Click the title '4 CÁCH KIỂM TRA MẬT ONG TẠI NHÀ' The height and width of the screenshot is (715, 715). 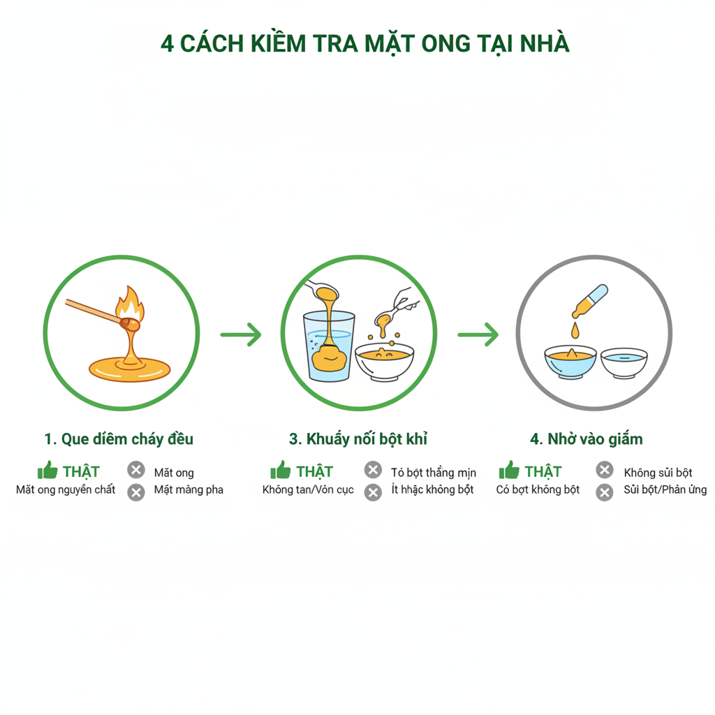pos(364,43)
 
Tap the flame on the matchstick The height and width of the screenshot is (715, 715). pos(131,306)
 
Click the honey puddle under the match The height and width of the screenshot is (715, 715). pos(128,367)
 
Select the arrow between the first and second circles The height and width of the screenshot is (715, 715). pos(241,334)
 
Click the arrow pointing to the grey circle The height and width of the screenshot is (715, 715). pos(478,334)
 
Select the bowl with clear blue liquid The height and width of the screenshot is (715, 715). pos(624,362)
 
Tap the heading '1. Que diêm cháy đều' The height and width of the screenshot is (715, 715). pos(119,439)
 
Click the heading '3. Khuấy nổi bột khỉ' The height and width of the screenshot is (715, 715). pos(358,439)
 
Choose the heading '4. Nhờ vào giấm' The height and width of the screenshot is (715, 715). pos(587,439)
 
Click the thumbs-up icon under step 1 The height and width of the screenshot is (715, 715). pos(47,470)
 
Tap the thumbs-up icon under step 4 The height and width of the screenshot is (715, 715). pos(509,470)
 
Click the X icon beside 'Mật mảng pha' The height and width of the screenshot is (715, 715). pos(136,492)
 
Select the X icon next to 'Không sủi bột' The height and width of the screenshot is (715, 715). pos(605,470)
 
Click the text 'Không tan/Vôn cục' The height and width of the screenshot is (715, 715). pos(308,490)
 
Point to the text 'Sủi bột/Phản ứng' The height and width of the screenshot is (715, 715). pos(665,490)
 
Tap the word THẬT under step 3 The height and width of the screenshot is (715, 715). pos(314,471)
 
